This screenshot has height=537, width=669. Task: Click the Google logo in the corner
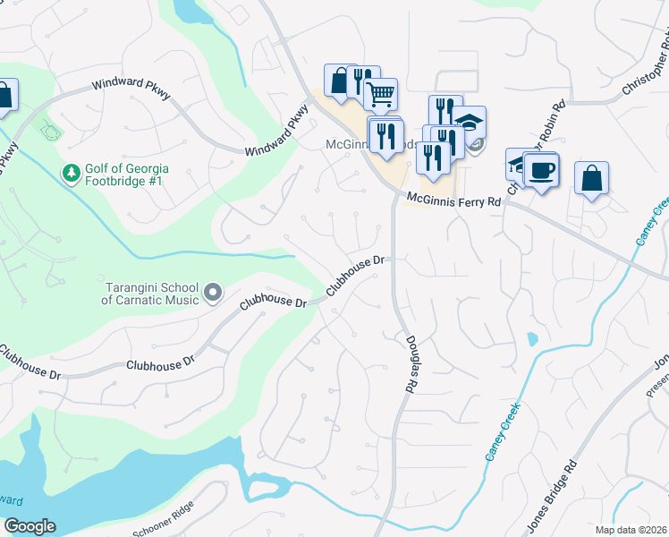click(x=30, y=526)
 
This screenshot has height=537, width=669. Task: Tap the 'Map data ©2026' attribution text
click(x=631, y=530)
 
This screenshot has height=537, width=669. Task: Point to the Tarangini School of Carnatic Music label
click(x=149, y=294)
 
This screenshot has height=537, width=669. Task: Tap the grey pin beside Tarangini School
click(x=213, y=292)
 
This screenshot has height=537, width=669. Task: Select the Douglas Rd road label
click(x=412, y=363)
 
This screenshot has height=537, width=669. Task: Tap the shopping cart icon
click(x=381, y=93)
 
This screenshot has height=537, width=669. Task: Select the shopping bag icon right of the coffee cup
click(x=591, y=176)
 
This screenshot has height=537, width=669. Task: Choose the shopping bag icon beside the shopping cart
click(x=340, y=81)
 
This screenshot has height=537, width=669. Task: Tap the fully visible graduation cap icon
click(x=469, y=122)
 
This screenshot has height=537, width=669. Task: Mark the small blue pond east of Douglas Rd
click(x=532, y=340)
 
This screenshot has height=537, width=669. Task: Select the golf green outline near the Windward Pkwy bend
click(x=51, y=132)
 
